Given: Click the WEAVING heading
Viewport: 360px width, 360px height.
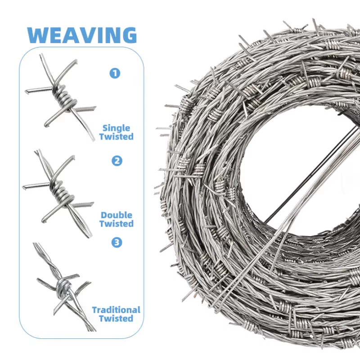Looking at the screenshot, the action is click(81, 35).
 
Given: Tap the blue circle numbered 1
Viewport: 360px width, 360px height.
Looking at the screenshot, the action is click(115, 72).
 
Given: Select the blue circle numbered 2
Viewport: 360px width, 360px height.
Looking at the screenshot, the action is click(117, 160).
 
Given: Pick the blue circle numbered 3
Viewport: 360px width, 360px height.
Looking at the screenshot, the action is click(117, 243).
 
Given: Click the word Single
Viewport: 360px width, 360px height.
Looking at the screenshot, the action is click(116, 128).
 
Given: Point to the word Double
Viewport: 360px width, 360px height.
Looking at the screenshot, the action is click(117, 215).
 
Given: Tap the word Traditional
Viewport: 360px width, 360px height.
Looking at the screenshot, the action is click(116, 310).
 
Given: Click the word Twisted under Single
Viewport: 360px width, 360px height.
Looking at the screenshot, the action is click(117, 137).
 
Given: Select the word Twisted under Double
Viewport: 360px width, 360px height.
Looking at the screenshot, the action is click(117, 224).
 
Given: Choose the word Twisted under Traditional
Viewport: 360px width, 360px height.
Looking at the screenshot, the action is click(116, 319).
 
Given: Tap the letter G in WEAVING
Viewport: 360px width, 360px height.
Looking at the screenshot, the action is click(127, 35).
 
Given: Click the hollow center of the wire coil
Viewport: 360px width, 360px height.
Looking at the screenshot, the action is click(297, 171).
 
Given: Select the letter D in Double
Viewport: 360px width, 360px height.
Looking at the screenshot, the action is click(104, 215).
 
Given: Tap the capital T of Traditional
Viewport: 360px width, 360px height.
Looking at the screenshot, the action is click(94, 310).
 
